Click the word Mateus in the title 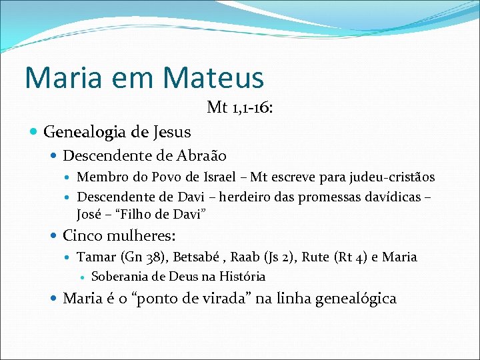pyautogui.click(x=213, y=77)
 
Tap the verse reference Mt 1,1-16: pyautogui.click(x=239, y=107)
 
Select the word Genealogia pyautogui.click(x=94, y=132)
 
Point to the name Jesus pyautogui.click(x=173, y=132)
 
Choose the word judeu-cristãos pyautogui.click(x=390, y=177)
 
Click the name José pyautogui.click(x=89, y=215)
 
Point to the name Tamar pyautogui.click(x=97, y=257)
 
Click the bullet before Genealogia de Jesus pyautogui.click(x=35, y=132)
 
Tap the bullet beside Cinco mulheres pyautogui.click(x=55, y=235)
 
